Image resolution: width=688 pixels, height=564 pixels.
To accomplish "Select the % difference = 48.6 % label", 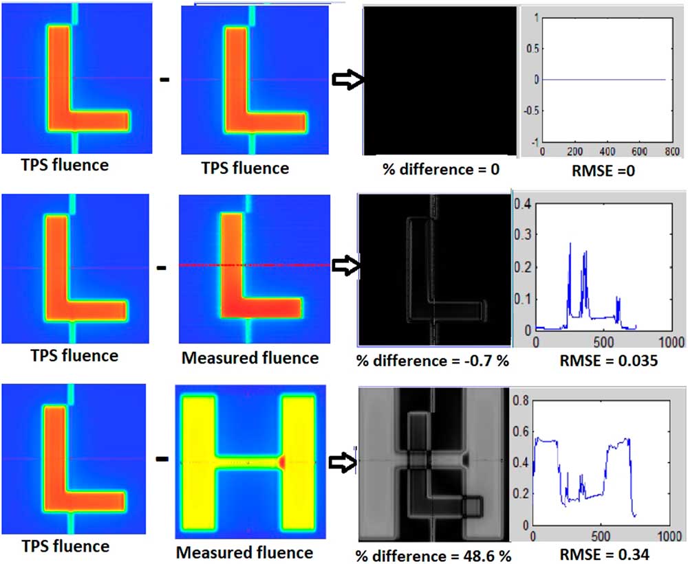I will pos(434,554).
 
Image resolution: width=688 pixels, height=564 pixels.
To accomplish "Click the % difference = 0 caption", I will pos(436,169).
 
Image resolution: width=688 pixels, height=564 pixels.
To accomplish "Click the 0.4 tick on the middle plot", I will pos(523,202).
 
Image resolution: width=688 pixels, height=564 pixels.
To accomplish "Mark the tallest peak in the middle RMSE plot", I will pos(570,244).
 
